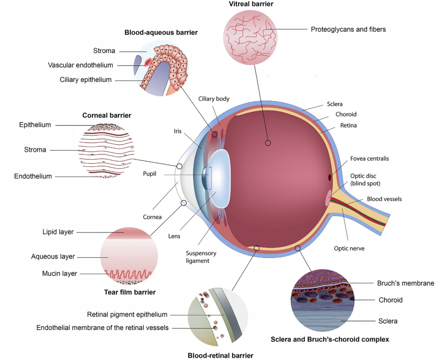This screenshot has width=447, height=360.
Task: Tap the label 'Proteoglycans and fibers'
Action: (348, 29)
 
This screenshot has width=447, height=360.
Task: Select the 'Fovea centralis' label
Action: (369, 159)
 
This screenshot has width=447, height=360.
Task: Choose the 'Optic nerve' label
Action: (349, 248)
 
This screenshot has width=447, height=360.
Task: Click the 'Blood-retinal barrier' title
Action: (220, 355)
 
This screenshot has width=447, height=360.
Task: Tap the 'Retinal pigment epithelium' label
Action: (127, 314)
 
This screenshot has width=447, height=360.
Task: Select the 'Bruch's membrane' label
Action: (406, 283)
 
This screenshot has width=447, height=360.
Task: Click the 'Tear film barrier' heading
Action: (130, 292)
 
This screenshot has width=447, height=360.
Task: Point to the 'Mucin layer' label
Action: (59, 273)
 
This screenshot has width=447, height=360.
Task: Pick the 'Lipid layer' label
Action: (58, 232)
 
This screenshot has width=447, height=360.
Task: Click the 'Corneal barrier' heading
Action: (107, 115)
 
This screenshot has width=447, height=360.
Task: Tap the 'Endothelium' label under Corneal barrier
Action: (33, 176)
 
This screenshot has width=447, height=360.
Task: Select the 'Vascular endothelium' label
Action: (81, 65)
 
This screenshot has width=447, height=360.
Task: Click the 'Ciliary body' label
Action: (214, 99)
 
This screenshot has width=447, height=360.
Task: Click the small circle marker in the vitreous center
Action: (268, 143)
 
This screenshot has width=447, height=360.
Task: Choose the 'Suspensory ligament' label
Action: (198, 257)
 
